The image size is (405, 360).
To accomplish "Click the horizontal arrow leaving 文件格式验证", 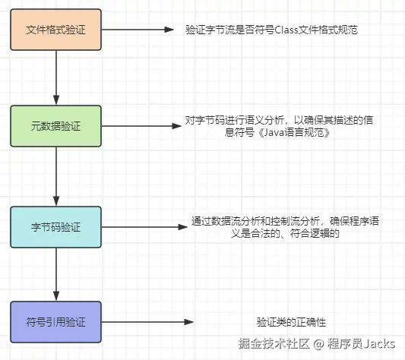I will tap(137, 30).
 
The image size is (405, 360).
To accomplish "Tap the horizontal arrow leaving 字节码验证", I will tap(144, 226).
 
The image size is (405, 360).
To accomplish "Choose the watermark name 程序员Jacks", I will tap(361, 344).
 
